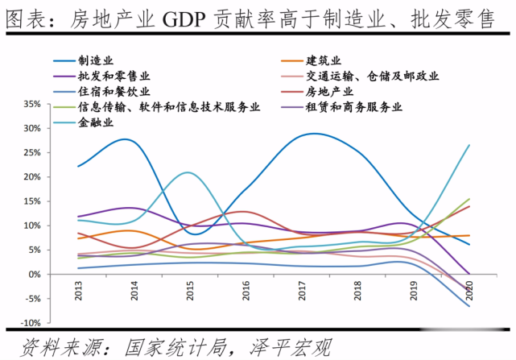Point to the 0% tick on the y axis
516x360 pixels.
point(56,275)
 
